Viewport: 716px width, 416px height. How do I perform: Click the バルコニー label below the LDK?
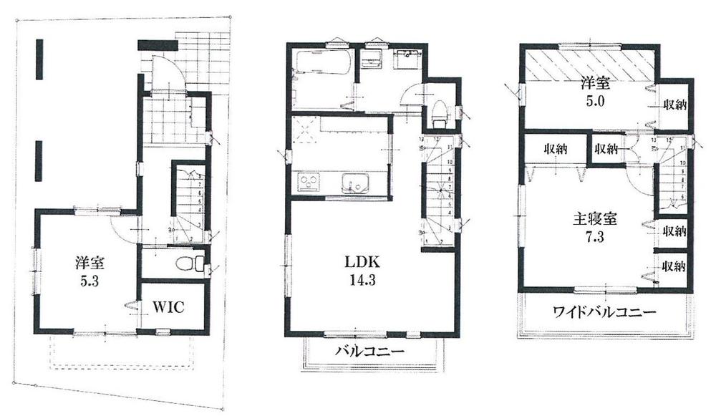point(371,352)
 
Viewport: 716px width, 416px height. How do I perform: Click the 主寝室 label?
point(595,218)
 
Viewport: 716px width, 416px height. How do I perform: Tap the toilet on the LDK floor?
point(441,112)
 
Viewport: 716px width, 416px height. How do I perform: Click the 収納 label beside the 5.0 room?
point(674,105)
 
